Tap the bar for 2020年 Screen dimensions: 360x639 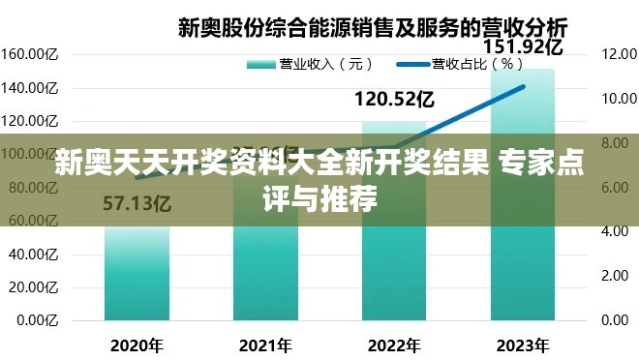click(x=137, y=276)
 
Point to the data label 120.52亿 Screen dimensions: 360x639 click(x=393, y=98)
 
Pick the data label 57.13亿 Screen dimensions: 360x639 click(x=137, y=204)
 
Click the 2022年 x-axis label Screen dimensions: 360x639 click(x=393, y=345)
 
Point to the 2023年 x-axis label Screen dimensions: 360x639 click(x=522, y=345)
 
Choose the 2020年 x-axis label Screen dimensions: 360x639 click(x=137, y=345)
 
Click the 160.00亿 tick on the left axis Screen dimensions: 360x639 click(x=31, y=54)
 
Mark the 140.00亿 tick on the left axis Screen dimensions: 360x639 click(x=31, y=88)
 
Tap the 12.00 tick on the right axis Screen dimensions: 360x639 click(x=617, y=54)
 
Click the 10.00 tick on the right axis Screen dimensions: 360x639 click(x=617, y=99)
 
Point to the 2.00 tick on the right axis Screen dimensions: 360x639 click(x=617, y=276)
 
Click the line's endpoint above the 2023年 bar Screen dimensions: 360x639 click(x=523, y=87)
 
